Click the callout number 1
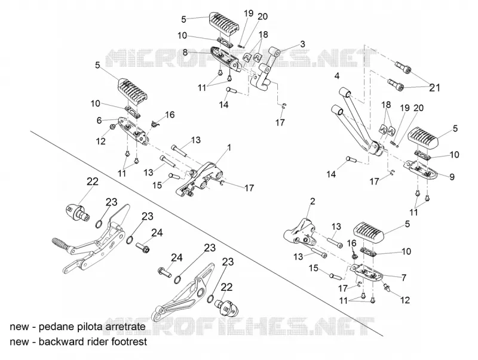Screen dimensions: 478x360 (x=229, y=147)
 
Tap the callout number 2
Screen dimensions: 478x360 (x=312, y=201)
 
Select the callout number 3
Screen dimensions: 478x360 (x=302, y=44)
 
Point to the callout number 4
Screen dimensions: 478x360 (x=336, y=76)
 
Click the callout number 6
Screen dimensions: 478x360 (x=99, y=121)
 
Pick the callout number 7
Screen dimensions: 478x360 (x=405, y=278)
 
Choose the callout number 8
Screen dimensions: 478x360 (x=185, y=53)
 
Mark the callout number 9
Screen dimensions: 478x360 (x=452, y=177)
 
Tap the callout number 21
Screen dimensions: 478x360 (x=435, y=87)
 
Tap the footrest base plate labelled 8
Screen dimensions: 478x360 (x=226, y=59)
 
